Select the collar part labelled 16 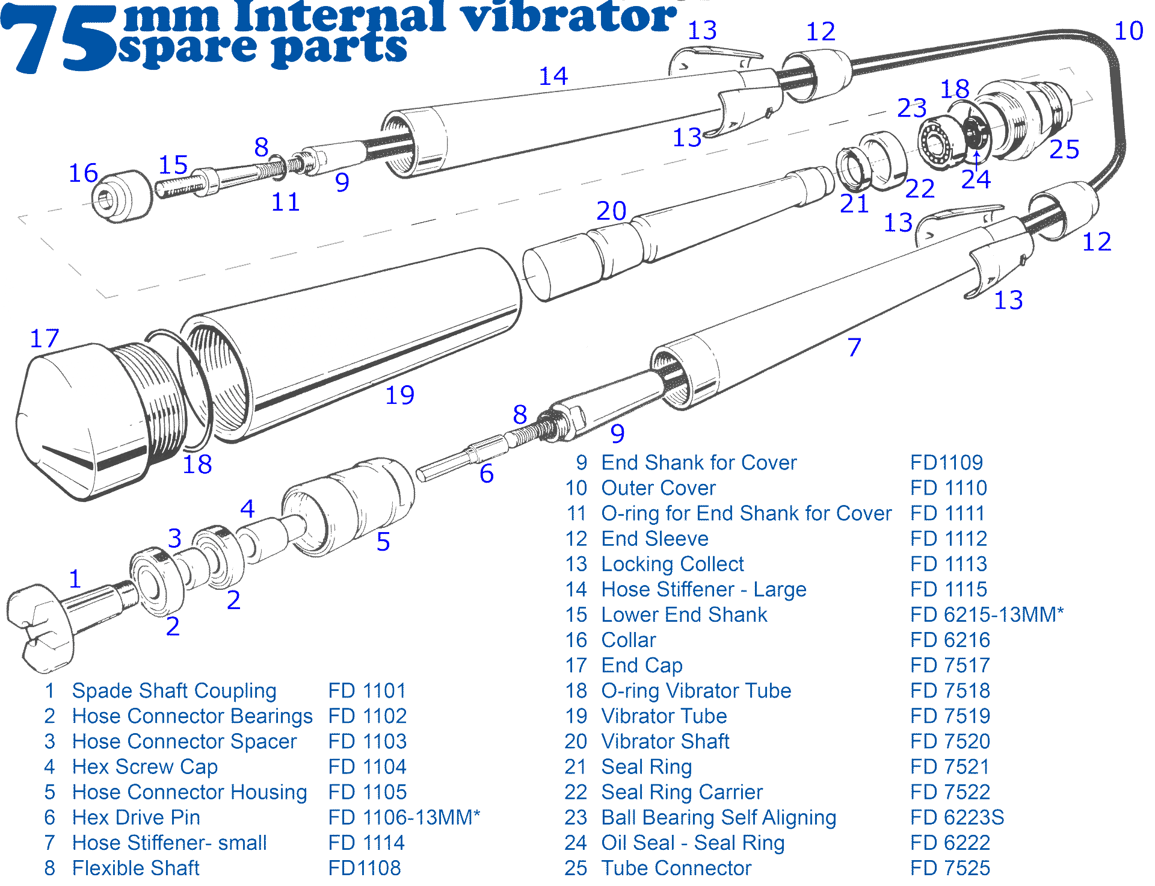click(x=120, y=196)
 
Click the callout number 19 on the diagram click(x=399, y=395)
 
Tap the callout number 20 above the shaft click(x=611, y=211)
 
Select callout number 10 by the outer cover click(x=1129, y=31)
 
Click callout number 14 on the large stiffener click(x=553, y=76)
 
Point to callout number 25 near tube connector click(x=1064, y=149)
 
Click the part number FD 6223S click(x=957, y=817)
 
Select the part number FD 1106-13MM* click(x=404, y=817)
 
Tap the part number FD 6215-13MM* click(x=987, y=615)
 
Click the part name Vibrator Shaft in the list click(x=665, y=742)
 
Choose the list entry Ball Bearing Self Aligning click(x=719, y=817)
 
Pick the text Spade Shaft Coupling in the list click(x=174, y=691)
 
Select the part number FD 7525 click(x=950, y=868)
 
